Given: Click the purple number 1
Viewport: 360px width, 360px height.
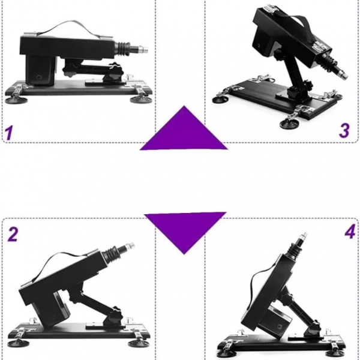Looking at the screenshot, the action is tap(9, 133).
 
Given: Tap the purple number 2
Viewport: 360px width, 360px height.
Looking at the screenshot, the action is tap(13, 234).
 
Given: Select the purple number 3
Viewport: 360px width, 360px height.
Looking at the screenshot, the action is tap(344, 130).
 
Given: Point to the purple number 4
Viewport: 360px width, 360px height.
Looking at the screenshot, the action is tap(350, 232).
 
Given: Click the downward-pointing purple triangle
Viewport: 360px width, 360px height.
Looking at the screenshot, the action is tap(184, 230).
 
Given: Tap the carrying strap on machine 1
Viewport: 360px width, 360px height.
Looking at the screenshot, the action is tap(69, 28).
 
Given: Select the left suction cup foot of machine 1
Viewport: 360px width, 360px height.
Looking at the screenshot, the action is tap(16, 100).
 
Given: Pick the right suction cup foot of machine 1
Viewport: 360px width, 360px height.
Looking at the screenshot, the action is tap(140, 100).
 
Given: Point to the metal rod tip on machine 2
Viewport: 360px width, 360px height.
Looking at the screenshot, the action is tap(129, 245).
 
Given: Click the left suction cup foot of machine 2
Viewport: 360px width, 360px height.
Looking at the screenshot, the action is tap(19, 343).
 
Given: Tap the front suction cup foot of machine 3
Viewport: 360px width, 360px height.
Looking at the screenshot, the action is tap(289, 124).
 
